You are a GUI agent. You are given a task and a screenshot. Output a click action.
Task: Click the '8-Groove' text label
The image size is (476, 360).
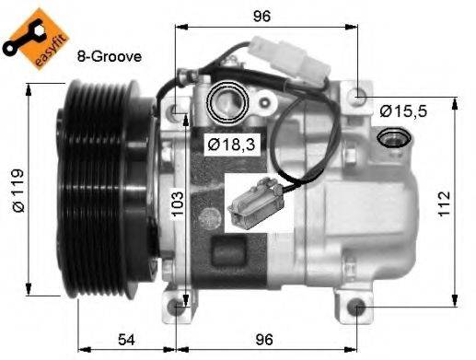[x=110, y=56]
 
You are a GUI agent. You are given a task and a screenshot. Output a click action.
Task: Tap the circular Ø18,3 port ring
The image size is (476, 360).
[x=226, y=102]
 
